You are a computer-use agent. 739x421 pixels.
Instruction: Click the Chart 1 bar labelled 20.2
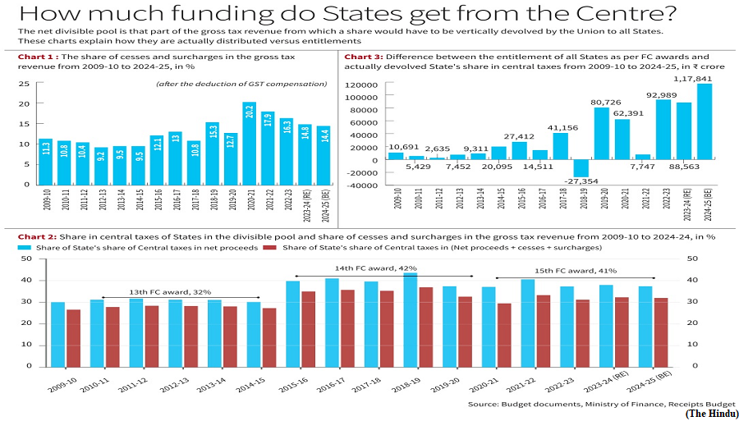250,143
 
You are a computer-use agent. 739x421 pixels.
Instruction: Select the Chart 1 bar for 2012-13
101,166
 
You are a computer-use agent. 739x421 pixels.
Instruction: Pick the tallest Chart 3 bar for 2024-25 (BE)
705,122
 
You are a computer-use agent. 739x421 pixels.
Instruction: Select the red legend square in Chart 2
269,247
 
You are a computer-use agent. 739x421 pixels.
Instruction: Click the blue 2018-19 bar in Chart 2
410,319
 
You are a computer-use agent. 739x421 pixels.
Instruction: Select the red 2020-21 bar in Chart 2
504,335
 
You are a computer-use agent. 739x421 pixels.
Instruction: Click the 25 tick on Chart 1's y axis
26,84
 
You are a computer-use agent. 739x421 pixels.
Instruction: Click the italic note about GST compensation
241,85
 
